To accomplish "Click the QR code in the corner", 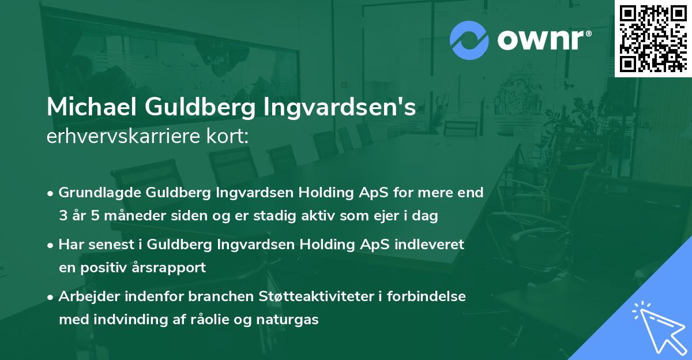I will point(653,38).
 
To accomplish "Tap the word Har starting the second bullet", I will point(70,244).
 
